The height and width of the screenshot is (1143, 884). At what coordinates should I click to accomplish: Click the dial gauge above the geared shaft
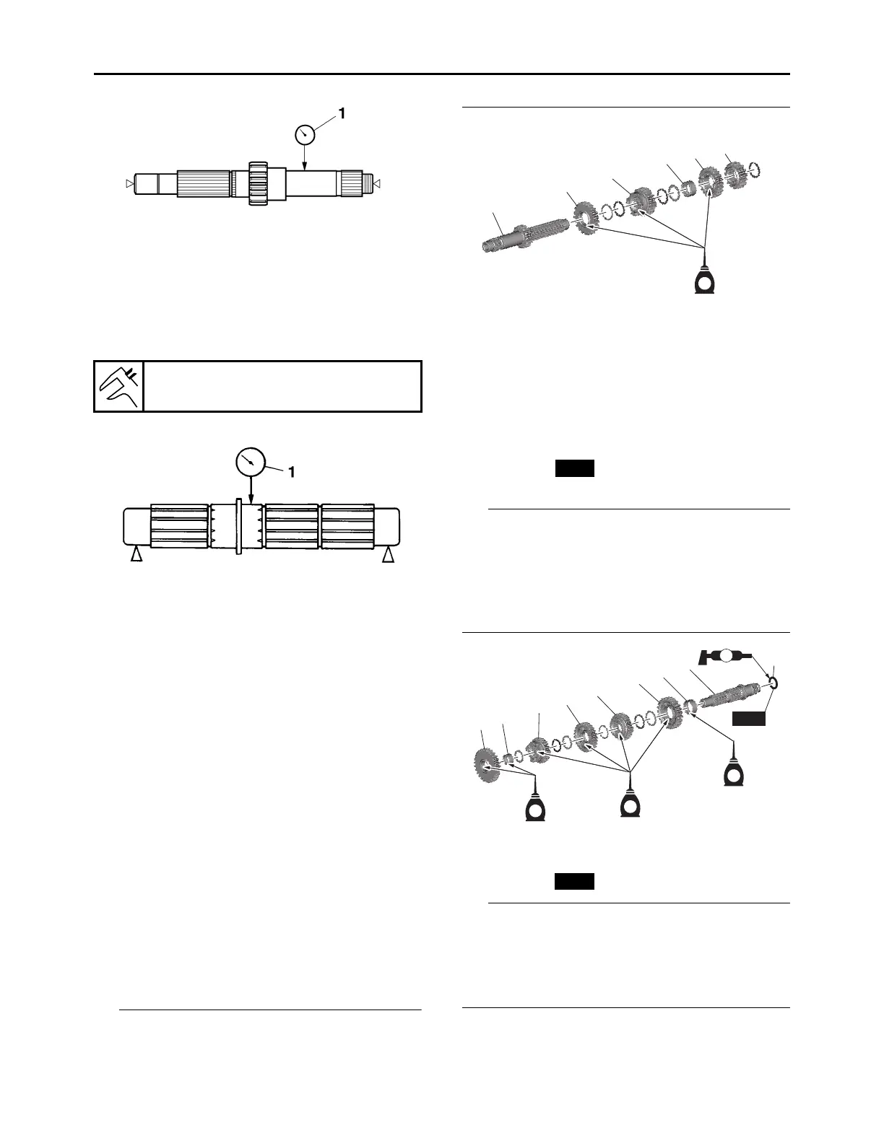[305, 134]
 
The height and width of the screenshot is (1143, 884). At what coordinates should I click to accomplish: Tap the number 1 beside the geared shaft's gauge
[342, 113]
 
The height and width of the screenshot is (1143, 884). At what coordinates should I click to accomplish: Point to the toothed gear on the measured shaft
[259, 183]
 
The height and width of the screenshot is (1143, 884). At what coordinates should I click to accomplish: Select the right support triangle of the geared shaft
[377, 185]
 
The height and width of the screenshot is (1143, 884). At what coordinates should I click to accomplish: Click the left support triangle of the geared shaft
[129, 185]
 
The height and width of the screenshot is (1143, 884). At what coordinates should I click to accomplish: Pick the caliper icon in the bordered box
[119, 386]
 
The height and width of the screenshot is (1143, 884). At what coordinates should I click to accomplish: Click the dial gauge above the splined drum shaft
[251, 462]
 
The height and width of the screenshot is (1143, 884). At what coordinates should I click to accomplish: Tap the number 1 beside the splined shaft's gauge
[292, 472]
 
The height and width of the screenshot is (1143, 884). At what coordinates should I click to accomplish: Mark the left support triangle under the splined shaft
[135, 554]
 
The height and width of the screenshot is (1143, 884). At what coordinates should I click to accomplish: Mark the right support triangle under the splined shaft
[389, 554]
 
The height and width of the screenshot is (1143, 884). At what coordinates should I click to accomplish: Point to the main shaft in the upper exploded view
[513, 237]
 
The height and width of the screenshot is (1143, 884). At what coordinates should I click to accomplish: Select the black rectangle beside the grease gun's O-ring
[749, 718]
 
